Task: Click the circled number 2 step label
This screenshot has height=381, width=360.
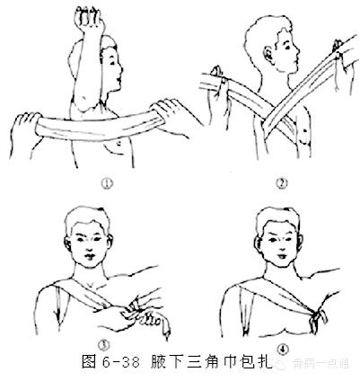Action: [x=281, y=184]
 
